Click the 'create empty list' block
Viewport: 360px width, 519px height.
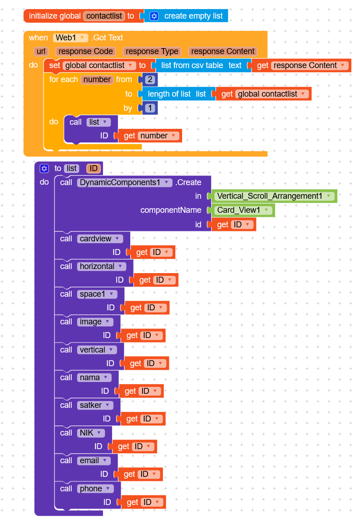pyautogui.click(x=193, y=16)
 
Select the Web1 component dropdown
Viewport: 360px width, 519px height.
pyautogui.click(x=70, y=38)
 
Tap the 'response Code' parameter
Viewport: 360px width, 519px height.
pyautogui.click(x=85, y=51)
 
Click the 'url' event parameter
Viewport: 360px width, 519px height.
pyautogui.click(x=41, y=51)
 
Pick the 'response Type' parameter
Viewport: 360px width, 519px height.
pyautogui.click(x=152, y=51)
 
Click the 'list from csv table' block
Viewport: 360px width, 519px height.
pyautogui.click(x=192, y=65)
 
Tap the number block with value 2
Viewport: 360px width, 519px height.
pyautogui.click(x=149, y=79)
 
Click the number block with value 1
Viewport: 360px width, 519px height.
pyautogui.click(x=149, y=108)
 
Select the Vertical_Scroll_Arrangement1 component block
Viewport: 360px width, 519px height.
pyautogui.click(x=275, y=196)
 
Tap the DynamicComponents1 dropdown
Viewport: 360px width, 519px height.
pyautogui.click(x=125, y=182)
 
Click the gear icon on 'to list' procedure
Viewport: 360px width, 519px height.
pyautogui.click(x=44, y=168)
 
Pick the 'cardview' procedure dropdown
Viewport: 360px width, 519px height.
pyautogui.click(x=100, y=239)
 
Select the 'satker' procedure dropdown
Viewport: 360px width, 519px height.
pyautogui.click(x=94, y=405)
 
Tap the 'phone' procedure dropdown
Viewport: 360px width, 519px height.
pyautogui.click(x=95, y=489)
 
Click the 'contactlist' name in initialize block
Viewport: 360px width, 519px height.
pyautogui.click(x=104, y=16)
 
